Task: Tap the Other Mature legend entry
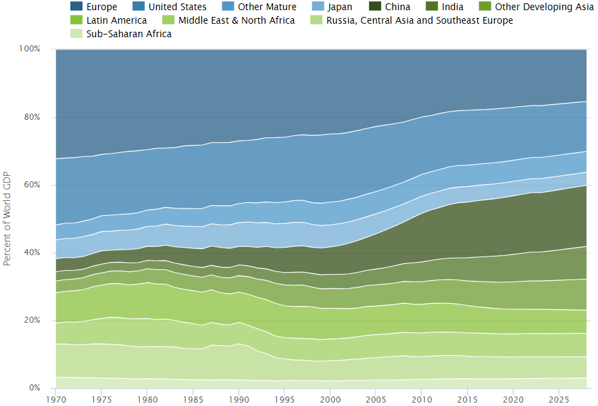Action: tap(266, 7)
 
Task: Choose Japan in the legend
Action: tap(339, 7)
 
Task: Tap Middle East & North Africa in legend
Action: tap(236, 20)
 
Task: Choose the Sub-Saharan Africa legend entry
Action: tap(129, 34)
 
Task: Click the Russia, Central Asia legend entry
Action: tap(419, 20)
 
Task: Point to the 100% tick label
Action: tap(30, 49)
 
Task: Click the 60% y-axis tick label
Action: tap(32, 185)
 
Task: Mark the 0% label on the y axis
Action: tap(35, 388)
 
